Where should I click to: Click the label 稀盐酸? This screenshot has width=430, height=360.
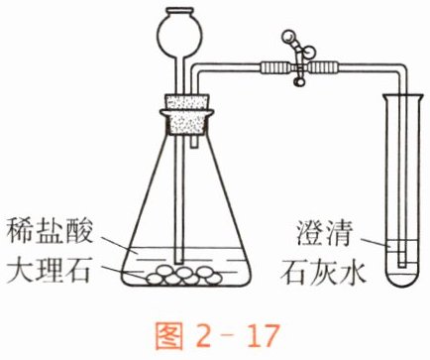(50, 231)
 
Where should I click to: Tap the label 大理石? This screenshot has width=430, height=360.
(49, 271)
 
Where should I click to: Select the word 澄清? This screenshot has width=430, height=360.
(324, 232)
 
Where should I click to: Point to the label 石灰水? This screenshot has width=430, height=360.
(324, 273)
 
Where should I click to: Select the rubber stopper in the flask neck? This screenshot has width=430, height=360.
(186, 114)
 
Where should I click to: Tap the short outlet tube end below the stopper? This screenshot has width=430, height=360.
(195, 143)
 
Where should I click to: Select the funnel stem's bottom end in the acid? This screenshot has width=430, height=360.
(178, 262)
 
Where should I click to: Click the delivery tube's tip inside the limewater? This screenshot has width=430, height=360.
(402, 265)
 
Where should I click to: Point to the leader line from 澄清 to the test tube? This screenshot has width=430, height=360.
(375, 242)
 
